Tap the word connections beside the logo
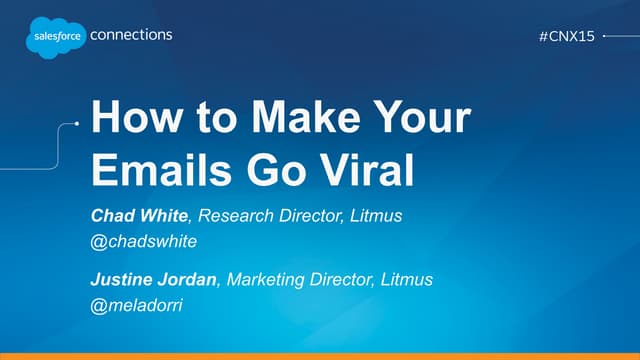[x=131, y=34]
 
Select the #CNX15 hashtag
[x=566, y=35]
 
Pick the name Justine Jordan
[x=153, y=279]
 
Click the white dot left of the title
[x=76, y=125]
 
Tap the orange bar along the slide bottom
[x=320, y=355]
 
